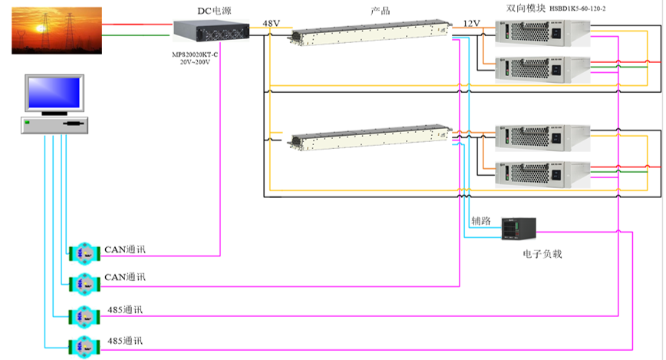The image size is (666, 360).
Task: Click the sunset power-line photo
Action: pyautogui.click(x=57, y=30)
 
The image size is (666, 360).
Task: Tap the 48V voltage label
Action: pyautogui.click(x=272, y=23)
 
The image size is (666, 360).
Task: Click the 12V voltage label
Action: pyautogui.click(x=470, y=23)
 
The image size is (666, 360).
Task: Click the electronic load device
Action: pyautogui.click(x=518, y=228)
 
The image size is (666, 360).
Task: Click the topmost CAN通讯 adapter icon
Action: pyautogui.click(x=84, y=252)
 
